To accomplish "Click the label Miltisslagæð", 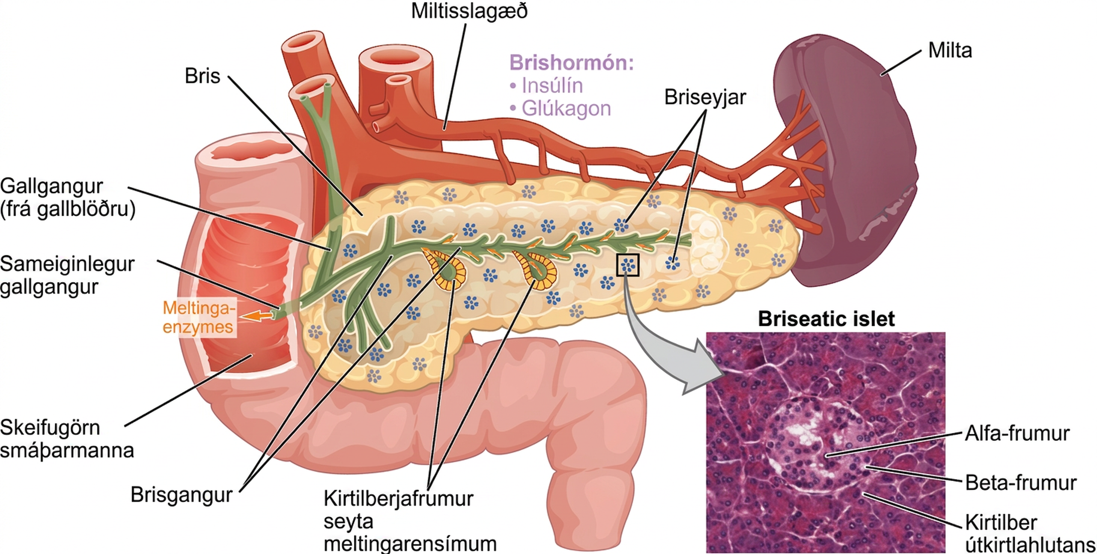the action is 469,11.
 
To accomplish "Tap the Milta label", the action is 950,51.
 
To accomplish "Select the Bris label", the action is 202,76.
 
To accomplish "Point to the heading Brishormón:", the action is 571,63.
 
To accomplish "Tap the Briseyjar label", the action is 705,98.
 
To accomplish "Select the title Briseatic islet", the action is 826,319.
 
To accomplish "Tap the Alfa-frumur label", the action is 1017,433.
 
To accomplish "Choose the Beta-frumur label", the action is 1021,483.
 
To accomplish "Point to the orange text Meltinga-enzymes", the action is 198,317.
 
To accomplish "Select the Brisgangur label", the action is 181,495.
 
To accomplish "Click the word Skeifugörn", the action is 50,428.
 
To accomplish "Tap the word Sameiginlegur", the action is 67,264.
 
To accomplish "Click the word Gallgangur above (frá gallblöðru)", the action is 51,187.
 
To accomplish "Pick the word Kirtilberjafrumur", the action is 398,499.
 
